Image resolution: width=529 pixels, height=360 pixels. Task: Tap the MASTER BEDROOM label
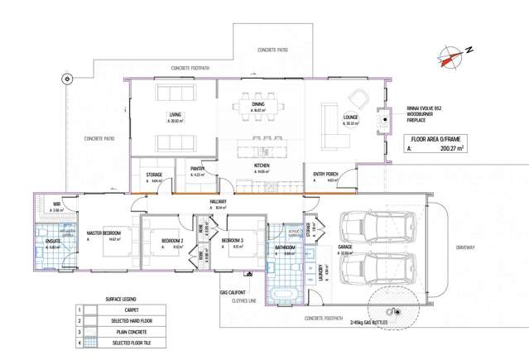(104, 233)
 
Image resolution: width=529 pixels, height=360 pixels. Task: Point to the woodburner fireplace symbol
(383, 120)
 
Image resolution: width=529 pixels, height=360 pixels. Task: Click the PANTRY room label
(197, 168)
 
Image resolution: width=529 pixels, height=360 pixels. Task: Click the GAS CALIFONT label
(235, 291)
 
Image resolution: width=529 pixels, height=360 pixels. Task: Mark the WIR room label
(57, 203)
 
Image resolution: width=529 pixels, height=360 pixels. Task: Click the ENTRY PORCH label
(325, 173)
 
